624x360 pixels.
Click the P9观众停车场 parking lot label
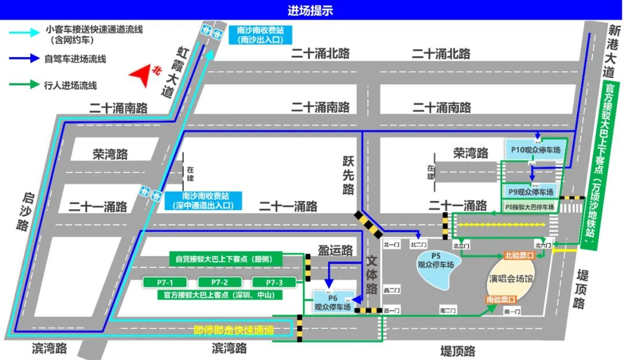pos(531,191)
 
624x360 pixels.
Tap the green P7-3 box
pos(274,282)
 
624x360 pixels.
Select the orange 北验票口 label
pos(518,255)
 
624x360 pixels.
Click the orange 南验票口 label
pos(500,299)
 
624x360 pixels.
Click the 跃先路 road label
pos(347,173)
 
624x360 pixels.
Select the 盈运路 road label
pos(335,250)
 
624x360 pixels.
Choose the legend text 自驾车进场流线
pos(75,59)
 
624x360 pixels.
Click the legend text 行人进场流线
pos(70,86)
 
